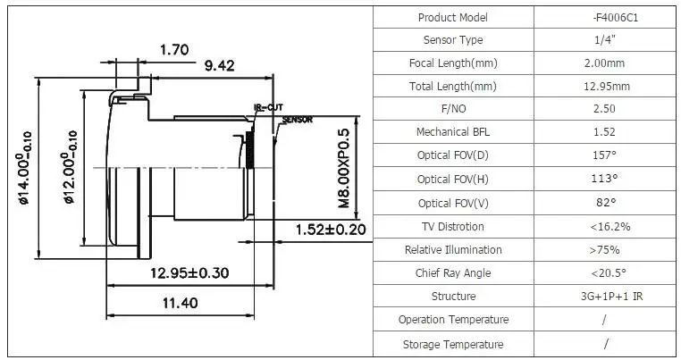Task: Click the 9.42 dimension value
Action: pyautogui.click(x=219, y=65)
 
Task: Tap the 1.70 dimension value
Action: pyautogui.click(x=174, y=49)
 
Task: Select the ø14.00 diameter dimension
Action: pyautogui.click(x=24, y=168)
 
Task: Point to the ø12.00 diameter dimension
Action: pyautogui.click(x=70, y=167)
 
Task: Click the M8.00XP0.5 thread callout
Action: pyautogui.click(x=343, y=168)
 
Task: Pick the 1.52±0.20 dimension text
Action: pyautogui.click(x=331, y=230)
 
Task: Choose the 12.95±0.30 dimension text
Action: pyautogui.click(x=189, y=272)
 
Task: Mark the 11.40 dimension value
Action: pyautogui.click(x=180, y=303)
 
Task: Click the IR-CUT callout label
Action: pyautogui.click(x=268, y=107)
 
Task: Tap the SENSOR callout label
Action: pyautogui.click(x=298, y=120)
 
